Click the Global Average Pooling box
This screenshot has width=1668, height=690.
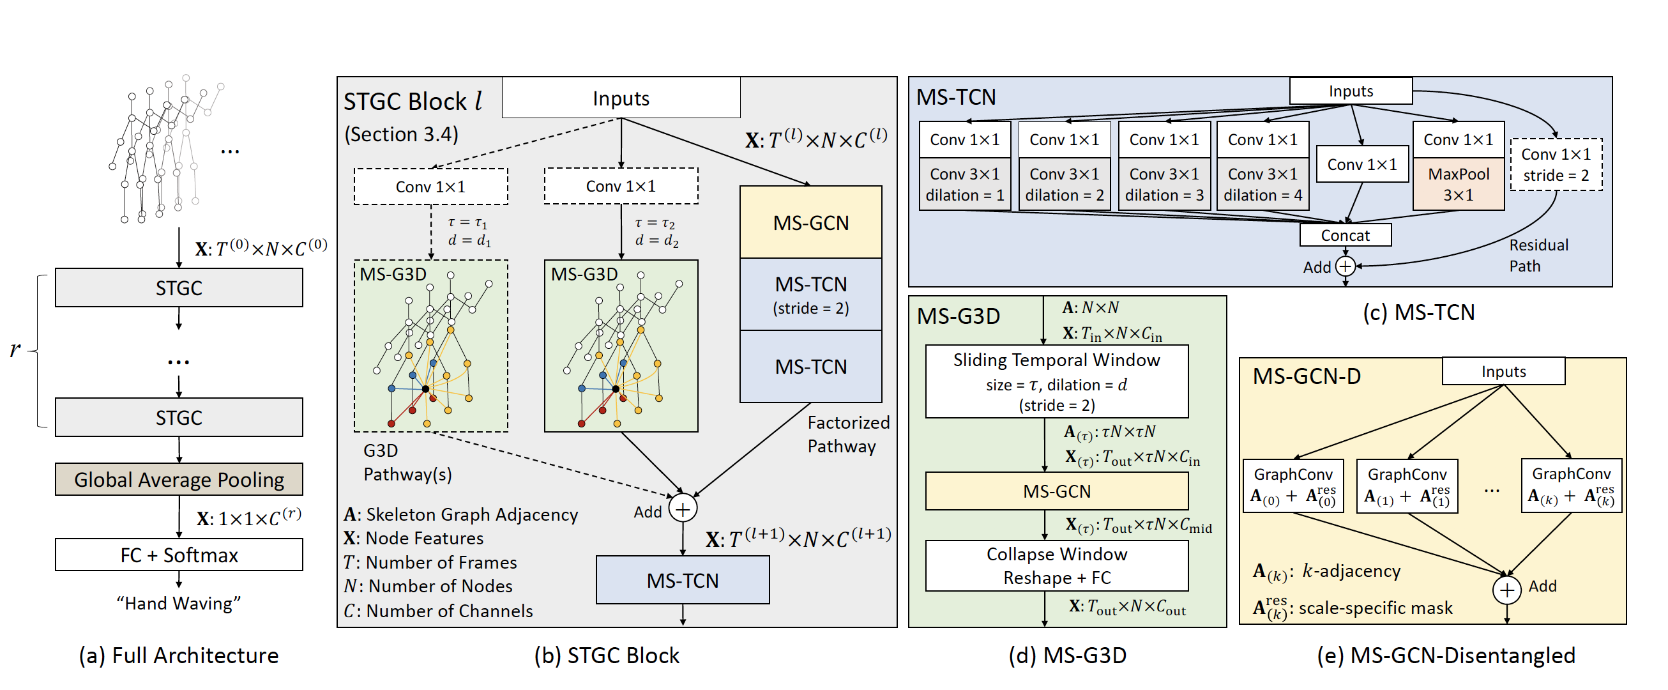pyautogui.click(x=179, y=479)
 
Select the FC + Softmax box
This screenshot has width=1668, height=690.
pyautogui.click(x=179, y=555)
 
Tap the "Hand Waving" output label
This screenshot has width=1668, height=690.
pyautogui.click(x=179, y=603)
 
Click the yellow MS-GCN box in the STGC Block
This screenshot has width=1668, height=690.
pyautogui.click(x=810, y=223)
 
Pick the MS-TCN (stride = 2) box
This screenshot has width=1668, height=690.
pyautogui.click(x=810, y=295)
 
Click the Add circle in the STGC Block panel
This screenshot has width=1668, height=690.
pyautogui.click(x=683, y=509)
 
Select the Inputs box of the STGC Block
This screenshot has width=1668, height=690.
pyautogui.click(x=621, y=98)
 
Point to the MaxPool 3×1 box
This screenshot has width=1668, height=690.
pyautogui.click(x=1458, y=185)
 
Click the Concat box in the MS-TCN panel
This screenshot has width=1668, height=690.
pyautogui.click(x=1345, y=235)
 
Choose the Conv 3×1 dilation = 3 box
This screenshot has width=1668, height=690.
pyautogui.click(x=1164, y=185)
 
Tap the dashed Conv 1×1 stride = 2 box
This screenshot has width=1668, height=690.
pyautogui.click(x=1556, y=165)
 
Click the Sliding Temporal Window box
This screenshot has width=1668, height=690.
pyautogui.click(x=1057, y=381)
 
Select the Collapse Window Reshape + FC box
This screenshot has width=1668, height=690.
pyautogui.click(x=1057, y=565)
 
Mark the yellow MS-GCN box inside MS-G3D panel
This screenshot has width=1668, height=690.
pyautogui.click(x=1057, y=491)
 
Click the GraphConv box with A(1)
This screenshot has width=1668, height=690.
pyautogui.click(x=1406, y=486)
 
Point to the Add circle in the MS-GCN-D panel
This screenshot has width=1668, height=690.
pyautogui.click(x=1507, y=590)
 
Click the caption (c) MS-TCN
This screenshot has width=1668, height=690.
pyautogui.click(x=1418, y=312)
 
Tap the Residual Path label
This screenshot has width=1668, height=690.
pyautogui.click(x=1538, y=256)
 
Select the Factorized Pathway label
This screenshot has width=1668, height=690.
pyautogui.click(x=847, y=434)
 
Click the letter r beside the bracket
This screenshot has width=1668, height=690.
pyautogui.click(x=15, y=349)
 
